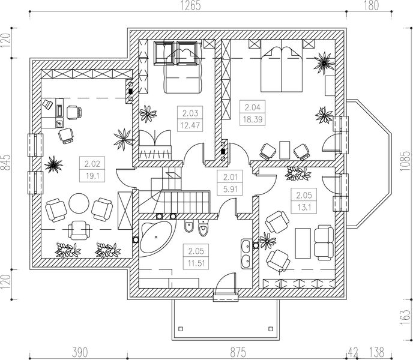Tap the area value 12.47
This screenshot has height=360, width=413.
pyautogui.click(x=190, y=124)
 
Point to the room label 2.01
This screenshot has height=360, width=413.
pyautogui.click(x=229, y=177)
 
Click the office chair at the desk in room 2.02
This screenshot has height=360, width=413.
pyautogui.click(x=73, y=112)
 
